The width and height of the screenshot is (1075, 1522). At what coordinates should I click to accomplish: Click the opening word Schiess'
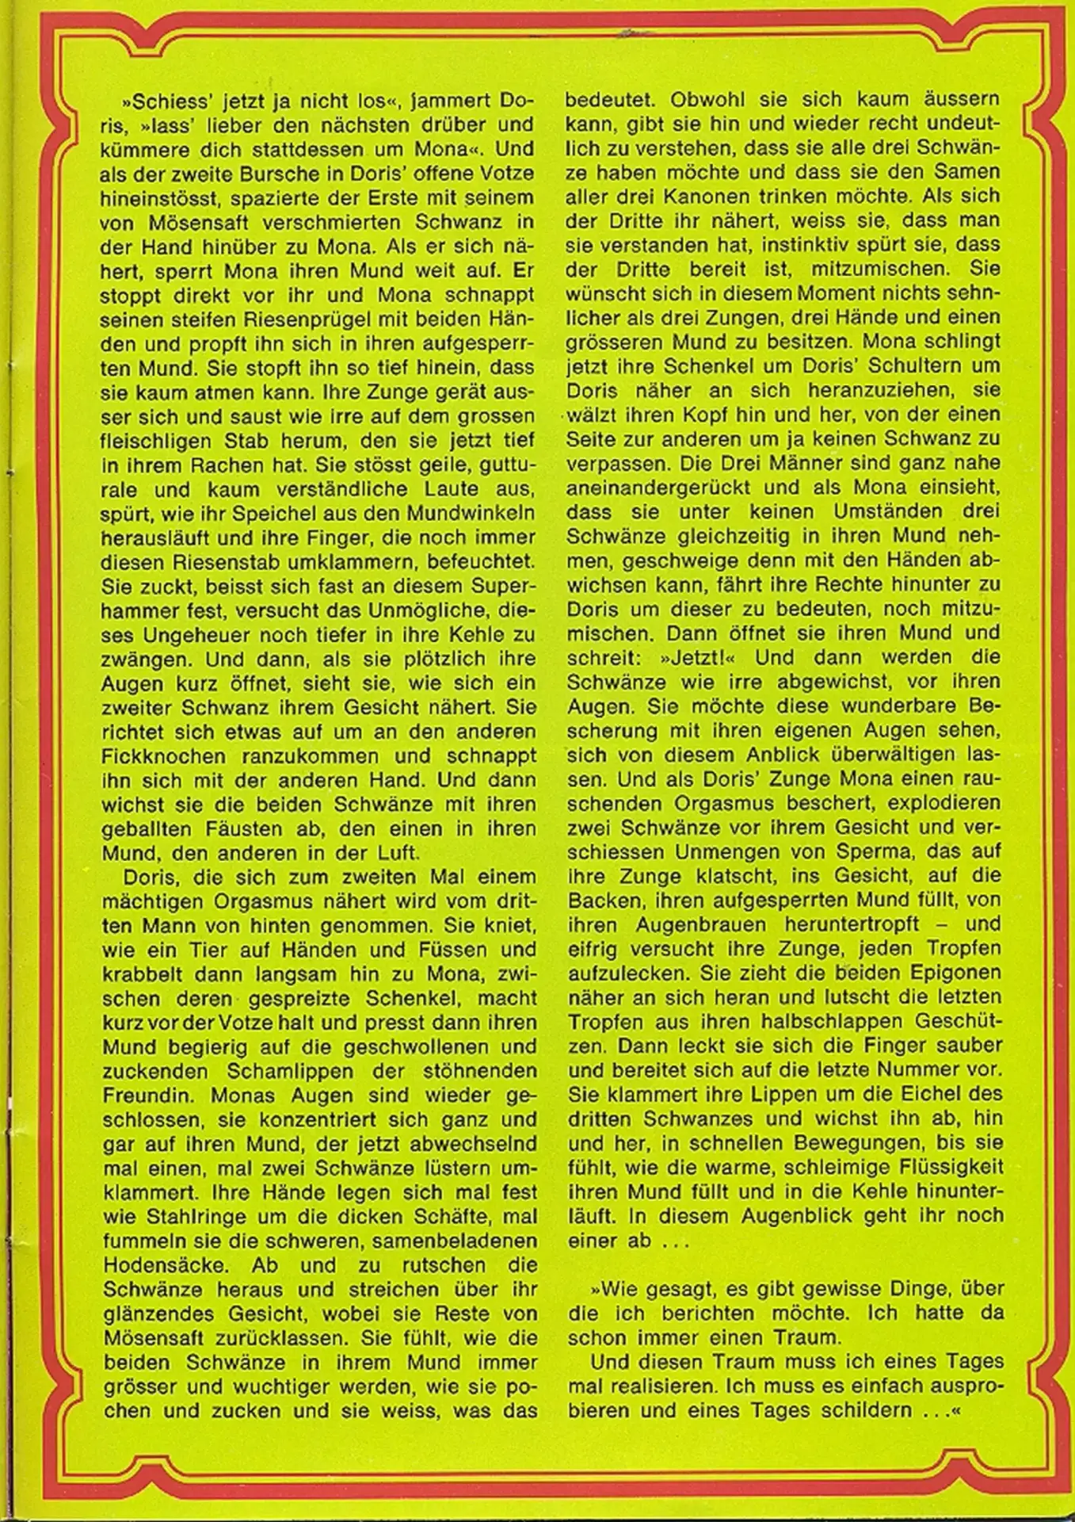163,101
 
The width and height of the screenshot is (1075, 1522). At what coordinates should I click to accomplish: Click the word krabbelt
139,974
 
